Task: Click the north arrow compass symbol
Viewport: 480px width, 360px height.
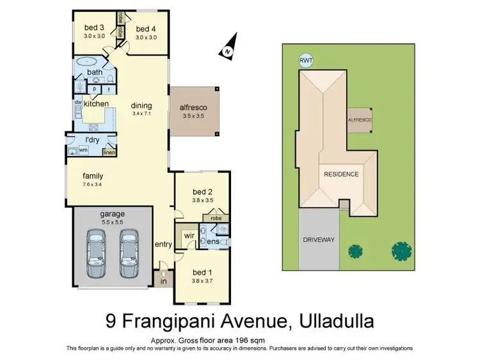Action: click(227, 47)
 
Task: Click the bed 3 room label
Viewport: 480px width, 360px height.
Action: click(94, 27)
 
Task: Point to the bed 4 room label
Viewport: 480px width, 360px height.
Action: click(146, 29)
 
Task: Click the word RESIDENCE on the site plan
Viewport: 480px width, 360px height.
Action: click(341, 174)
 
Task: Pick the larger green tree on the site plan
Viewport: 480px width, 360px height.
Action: click(402, 249)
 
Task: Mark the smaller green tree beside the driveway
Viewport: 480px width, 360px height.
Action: click(355, 251)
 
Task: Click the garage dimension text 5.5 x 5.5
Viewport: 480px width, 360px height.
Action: click(111, 222)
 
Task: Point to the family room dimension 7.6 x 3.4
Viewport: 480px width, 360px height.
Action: click(93, 184)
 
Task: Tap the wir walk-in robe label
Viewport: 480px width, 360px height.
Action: click(189, 236)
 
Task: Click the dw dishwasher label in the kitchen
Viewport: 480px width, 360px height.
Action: click(78, 102)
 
